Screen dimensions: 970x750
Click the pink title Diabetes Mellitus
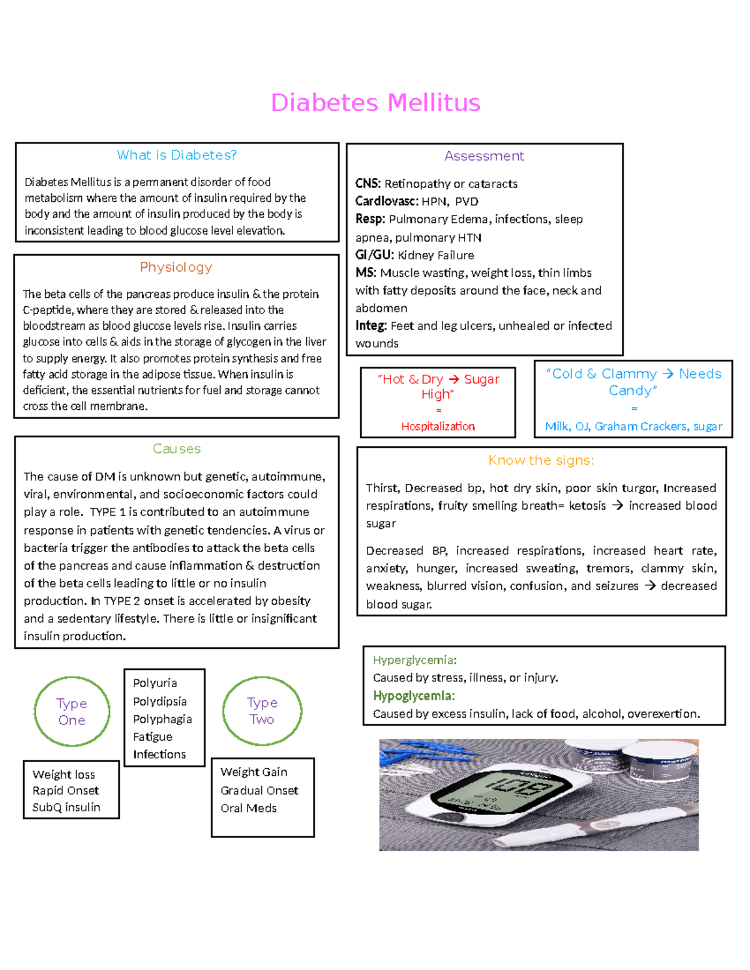(376, 103)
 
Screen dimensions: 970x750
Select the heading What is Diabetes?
(177, 155)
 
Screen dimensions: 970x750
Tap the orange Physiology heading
(176, 267)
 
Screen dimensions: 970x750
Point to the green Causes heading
(177, 449)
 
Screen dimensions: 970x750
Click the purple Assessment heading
(484, 156)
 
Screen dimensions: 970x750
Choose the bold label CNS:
(367, 184)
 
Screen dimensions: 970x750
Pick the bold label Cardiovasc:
(386, 201)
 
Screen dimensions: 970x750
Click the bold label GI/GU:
(374, 255)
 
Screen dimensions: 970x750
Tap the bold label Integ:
(371, 325)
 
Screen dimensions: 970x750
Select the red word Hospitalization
(438, 427)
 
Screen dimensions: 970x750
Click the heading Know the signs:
(541, 460)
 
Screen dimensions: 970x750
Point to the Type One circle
(72, 711)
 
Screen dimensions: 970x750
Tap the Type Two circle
(262, 711)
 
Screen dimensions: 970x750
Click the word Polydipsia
(160, 701)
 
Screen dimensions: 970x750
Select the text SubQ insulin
(66, 807)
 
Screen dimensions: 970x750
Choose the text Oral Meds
(249, 808)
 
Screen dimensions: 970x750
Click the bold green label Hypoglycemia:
(414, 696)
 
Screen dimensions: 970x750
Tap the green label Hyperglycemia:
(415, 660)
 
